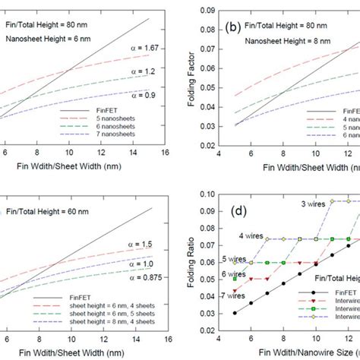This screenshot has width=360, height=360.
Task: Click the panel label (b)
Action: coord(232,29)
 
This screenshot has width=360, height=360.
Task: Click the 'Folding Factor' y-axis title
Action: coord(193,73)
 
